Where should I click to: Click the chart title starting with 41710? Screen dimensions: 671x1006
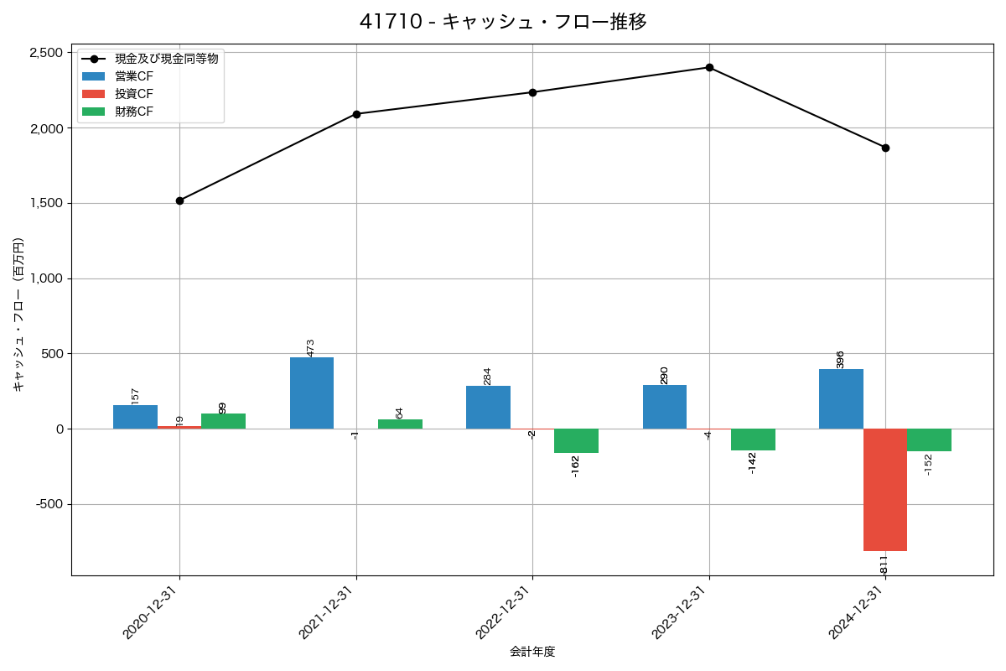(x=503, y=22)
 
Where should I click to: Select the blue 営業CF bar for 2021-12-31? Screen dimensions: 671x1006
(x=312, y=393)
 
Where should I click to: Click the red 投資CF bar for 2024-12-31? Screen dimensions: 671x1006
(x=885, y=490)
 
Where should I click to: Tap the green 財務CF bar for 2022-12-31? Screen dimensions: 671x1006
(x=576, y=440)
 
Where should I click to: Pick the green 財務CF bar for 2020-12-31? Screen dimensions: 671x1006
(x=223, y=421)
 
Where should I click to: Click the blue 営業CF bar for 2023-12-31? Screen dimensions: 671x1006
(x=665, y=407)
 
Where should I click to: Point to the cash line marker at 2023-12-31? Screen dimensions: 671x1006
(x=709, y=67)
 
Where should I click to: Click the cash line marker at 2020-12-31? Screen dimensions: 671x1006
(x=179, y=200)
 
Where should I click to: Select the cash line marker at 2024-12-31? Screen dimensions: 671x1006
(x=885, y=148)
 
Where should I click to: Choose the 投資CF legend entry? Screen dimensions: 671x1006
(x=134, y=94)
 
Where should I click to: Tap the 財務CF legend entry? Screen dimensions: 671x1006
(x=134, y=112)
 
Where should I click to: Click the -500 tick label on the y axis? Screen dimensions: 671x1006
(x=49, y=504)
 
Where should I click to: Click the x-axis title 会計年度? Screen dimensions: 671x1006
(x=532, y=652)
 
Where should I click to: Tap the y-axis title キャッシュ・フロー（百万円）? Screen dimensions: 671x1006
(x=18, y=315)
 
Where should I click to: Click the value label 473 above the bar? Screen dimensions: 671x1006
(x=310, y=347)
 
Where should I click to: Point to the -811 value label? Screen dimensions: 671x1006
(x=884, y=564)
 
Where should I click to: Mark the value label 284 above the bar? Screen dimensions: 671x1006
(x=487, y=376)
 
